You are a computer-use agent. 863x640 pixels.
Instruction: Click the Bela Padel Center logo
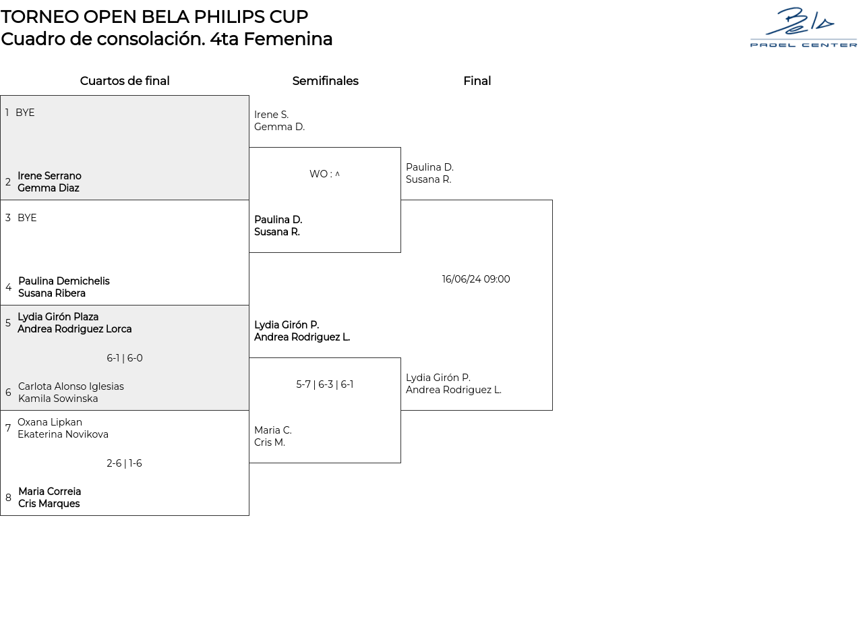(803, 28)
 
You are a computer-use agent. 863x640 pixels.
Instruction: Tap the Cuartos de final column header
(125, 81)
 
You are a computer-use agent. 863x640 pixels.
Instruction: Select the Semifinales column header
(325, 81)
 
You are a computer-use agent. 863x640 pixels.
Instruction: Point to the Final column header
(477, 81)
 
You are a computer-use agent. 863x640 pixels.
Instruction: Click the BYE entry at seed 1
(25, 113)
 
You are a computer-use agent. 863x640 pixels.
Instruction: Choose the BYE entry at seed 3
(27, 218)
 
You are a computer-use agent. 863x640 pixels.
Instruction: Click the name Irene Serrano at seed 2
(49, 176)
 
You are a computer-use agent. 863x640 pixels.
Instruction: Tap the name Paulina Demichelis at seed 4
(63, 281)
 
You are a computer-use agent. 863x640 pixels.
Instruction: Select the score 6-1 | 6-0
(125, 358)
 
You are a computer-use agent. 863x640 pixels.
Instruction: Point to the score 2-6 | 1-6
(125, 463)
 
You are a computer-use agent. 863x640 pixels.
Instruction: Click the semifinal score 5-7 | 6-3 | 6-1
(325, 384)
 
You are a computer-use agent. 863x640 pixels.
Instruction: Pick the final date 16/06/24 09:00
(476, 279)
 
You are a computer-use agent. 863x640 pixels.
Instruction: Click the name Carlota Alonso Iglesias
(71, 386)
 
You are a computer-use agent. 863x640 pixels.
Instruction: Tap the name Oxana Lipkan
(50, 422)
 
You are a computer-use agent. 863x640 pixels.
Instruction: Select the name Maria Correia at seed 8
(49, 492)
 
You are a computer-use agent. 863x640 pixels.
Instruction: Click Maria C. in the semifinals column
(273, 430)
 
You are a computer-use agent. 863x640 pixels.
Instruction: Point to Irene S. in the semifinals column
(271, 115)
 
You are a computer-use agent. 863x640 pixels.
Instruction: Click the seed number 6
(8, 392)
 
